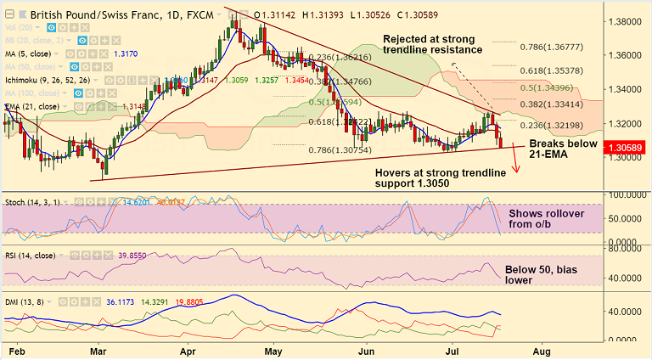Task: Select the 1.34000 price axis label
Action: pyautogui.click(x=627, y=89)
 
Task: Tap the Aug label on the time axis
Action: pyautogui.click(x=542, y=350)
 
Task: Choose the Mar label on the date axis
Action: pyautogui.click(x=98, y=350)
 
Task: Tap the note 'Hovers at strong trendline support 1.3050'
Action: pyautogui.click(x=441, y=178)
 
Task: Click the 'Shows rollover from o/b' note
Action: pyautogui.click(x=546, y=219)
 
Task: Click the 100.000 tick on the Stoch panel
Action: pyautogui.click(x=627, y=194)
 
